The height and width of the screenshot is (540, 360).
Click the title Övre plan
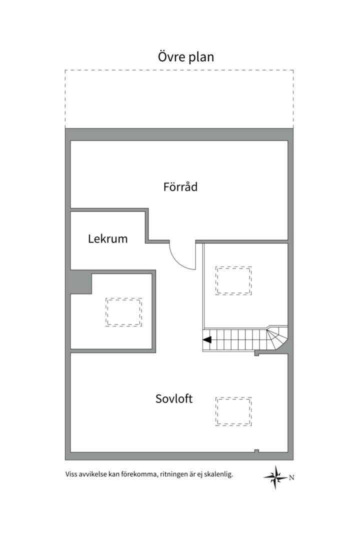[186, 57]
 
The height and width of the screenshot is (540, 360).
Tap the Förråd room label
[180, 187]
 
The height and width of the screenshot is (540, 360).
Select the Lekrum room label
[107, 239]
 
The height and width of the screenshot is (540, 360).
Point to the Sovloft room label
[174, 399]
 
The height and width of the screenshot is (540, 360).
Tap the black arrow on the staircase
[207, 340]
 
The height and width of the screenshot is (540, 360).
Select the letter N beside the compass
[291, 477]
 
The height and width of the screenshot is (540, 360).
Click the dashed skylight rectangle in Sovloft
[233, 411]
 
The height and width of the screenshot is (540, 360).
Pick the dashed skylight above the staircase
[233, 280]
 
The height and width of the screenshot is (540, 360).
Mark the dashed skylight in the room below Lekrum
[123, 312]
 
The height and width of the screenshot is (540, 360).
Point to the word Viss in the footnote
[71, 474]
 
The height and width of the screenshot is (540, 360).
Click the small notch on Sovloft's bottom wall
[256, 451]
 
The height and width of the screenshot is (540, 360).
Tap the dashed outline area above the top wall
[179, 99]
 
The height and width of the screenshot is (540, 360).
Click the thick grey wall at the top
[179, 134]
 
